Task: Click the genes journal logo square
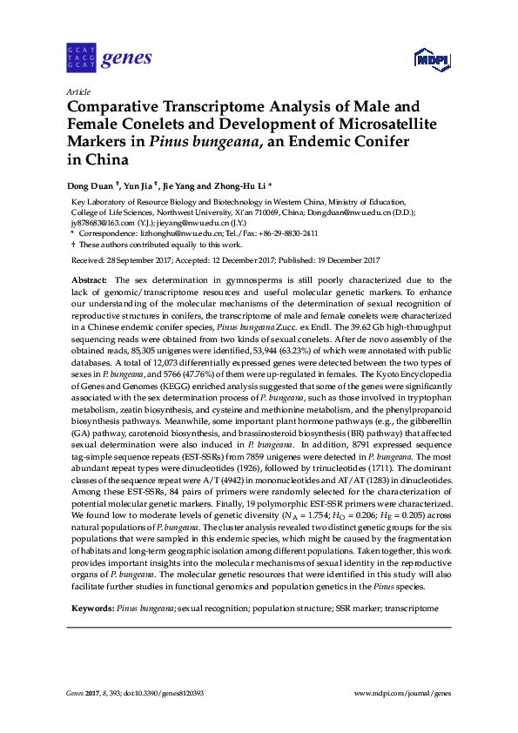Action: click(x=81, y=57)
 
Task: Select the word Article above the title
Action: click(x=77, y=91)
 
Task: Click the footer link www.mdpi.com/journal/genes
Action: click(x=403, y=693)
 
